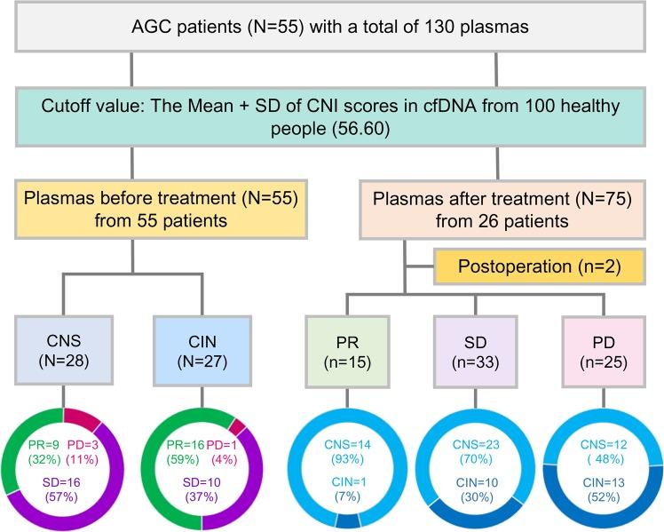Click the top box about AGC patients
coord(331,26)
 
